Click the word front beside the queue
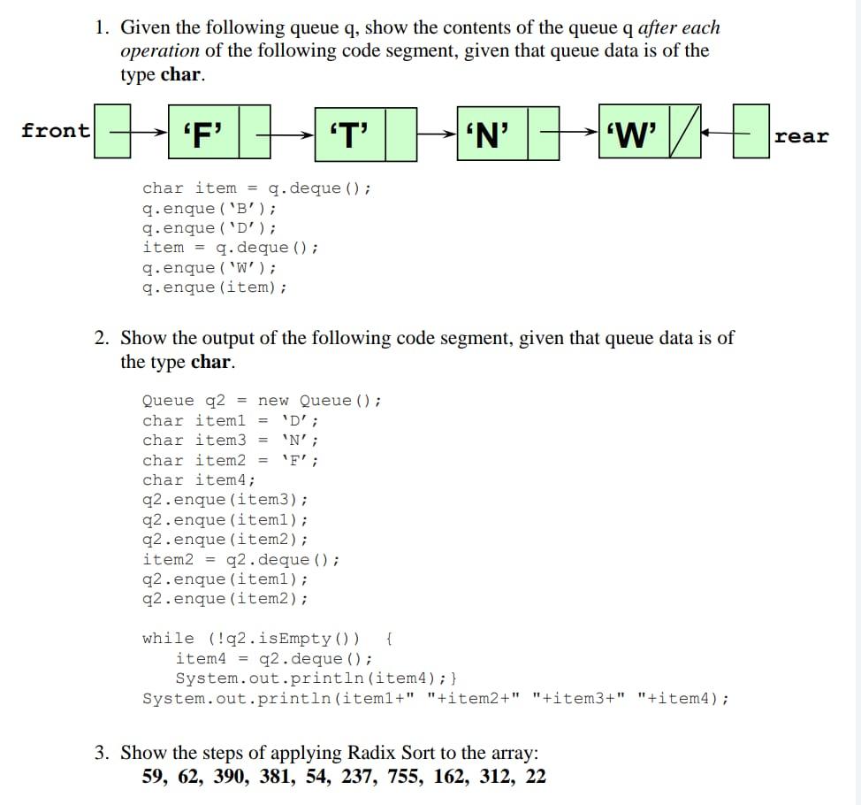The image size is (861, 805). click(56, 131)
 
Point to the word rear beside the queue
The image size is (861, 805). click(802, 136)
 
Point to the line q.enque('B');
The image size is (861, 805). click(210, 208)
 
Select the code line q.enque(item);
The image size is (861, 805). click(215, 287)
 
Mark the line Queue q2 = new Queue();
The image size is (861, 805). click(263, 401)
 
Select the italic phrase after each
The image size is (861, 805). click(678, 28)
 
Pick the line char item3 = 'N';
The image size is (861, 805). click(231, 441)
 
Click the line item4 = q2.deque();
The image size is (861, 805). click(274, 658)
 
